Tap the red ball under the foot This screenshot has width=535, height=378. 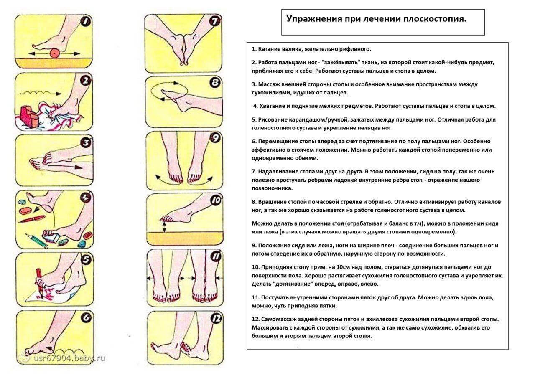tap(54, 53)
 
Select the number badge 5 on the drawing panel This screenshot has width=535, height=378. tap(85, 260)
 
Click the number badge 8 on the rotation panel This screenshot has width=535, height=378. tap(215, 83)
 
